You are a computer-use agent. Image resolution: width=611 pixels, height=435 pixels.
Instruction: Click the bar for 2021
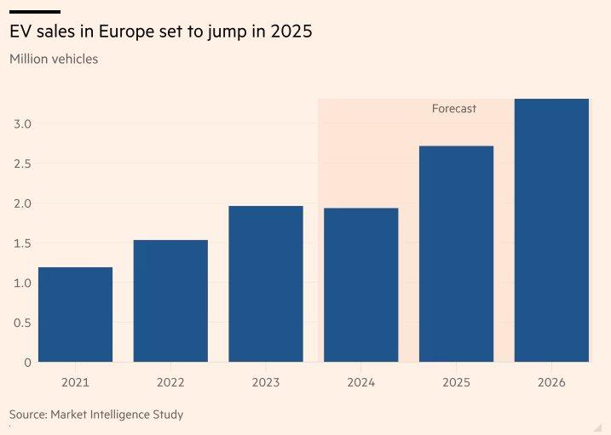tap(75, 315)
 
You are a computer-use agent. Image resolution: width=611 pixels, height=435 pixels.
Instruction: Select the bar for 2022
tap(170, 301)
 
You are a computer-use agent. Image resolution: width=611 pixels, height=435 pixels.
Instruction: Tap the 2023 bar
tap(266, 284)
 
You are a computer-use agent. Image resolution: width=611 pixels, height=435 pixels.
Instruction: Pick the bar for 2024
tap(361, 285)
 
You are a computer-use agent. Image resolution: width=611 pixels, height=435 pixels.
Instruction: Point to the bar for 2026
tap(551, 230)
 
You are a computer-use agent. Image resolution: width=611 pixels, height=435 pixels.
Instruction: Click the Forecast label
tap(453, 109)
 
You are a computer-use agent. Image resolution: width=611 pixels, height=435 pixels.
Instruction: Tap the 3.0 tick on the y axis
tap(22, 123)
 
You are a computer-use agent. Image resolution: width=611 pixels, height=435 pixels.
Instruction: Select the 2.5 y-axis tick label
tap(22, 163)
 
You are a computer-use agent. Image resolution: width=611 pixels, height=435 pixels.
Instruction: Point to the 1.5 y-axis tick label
tap(22, 243)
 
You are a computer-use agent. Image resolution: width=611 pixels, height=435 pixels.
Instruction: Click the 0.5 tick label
tap(22, 323)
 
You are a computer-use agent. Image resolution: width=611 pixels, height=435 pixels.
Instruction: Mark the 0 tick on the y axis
tap(27, 363)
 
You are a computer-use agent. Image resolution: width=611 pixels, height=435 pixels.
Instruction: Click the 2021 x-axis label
tap(75, 382)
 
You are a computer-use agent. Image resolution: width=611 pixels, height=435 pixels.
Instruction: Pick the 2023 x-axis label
tap(266, 382)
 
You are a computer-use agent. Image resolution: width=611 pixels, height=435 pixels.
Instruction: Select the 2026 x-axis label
tap(551, 382)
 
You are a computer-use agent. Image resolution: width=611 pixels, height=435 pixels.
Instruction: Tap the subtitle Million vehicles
tap(53, 60)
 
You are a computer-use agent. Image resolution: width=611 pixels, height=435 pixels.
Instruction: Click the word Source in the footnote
tap(27, 415)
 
